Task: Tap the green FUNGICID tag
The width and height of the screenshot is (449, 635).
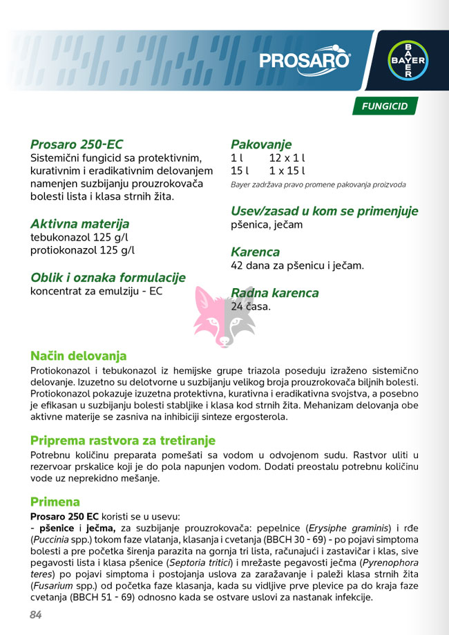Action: click(x=385, y=106)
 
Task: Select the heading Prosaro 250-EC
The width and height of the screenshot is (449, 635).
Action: click(x=77, y=144)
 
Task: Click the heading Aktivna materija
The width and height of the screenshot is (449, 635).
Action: click(x=79, y=224)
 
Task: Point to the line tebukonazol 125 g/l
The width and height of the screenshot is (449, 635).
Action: click(x=79, y=238)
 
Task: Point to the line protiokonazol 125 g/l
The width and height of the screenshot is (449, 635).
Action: click(x=82, y=250)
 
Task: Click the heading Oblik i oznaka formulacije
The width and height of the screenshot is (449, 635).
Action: click(x=108, y=277)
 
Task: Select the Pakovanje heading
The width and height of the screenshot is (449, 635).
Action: click(x=261, y=144)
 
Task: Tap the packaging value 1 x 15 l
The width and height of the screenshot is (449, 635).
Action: click(x=287, y=171)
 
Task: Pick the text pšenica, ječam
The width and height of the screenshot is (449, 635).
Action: click(x=267, y=225)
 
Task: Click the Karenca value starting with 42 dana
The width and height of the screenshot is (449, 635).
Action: click(x=297, y=265)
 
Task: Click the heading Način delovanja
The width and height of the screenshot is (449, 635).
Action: click(x=79, y=356)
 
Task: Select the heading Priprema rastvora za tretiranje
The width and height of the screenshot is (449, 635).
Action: click(x=123, y=440)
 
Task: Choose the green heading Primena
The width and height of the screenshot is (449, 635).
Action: click(x=55, y=502)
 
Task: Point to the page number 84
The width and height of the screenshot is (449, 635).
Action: click(x=36, y=615)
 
